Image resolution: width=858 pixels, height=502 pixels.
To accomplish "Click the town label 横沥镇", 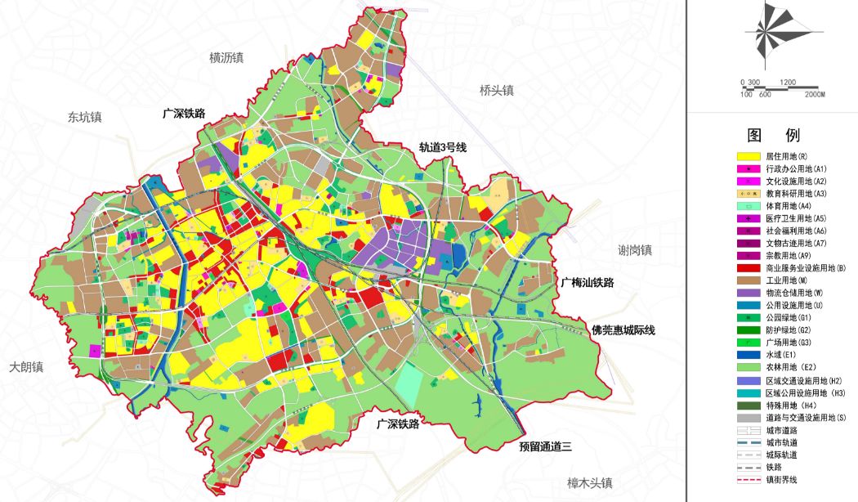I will tap(226, 57).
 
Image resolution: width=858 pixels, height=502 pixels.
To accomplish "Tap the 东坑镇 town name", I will tap(85, 117).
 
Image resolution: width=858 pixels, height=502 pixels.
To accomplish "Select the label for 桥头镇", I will tap(496, 91).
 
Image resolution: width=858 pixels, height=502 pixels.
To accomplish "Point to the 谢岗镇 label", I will tap(635, 249).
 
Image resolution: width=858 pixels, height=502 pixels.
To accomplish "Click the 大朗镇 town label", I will tap(26, 367).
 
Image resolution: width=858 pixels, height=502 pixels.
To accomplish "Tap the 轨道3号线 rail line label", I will tap(442, 147).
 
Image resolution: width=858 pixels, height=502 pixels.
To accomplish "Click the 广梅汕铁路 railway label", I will tap(587, 282).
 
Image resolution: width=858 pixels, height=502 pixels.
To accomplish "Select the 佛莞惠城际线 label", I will tap(623, 330).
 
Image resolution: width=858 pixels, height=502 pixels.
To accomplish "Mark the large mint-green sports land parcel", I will tap(412, 381).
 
